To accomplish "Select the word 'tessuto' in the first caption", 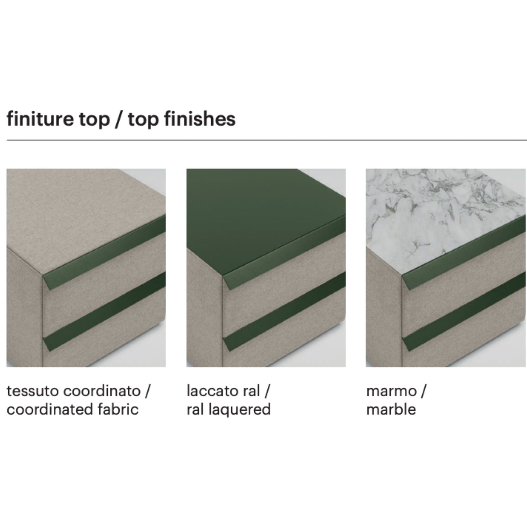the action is tap(33, 391).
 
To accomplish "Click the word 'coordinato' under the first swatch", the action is tap(102, 391).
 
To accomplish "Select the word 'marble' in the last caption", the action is tap(391, 409).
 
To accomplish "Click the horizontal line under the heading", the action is tap(267, 140).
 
